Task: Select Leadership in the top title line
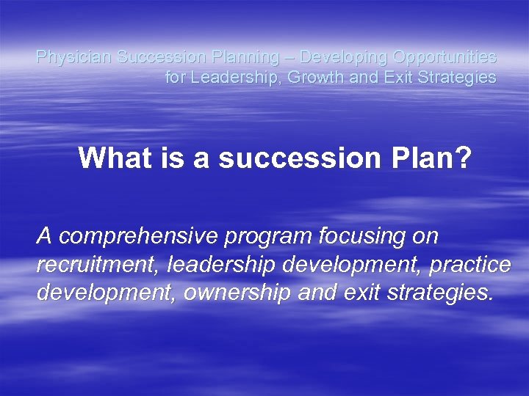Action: tap(224, 77)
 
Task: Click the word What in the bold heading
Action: tap(110, 157)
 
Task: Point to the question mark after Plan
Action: tap(462, 157)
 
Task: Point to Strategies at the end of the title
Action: tap(461, 77)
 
